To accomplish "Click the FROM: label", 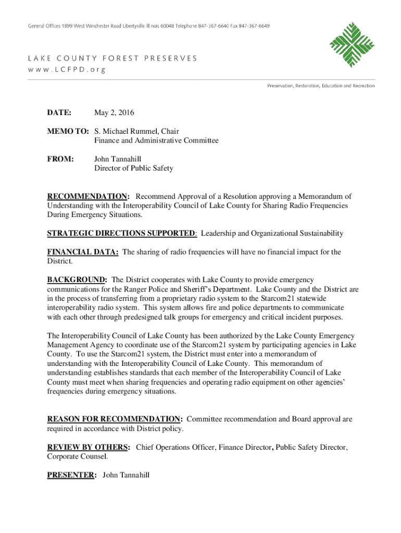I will (60, 159).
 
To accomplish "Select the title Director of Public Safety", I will (133, 168).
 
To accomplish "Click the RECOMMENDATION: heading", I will (89, 196).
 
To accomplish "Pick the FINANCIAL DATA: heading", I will (83, 252).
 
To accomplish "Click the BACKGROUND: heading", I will (77, 280).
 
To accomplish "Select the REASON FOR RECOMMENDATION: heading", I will (115, 419).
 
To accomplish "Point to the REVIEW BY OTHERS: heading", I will (89, 447).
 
